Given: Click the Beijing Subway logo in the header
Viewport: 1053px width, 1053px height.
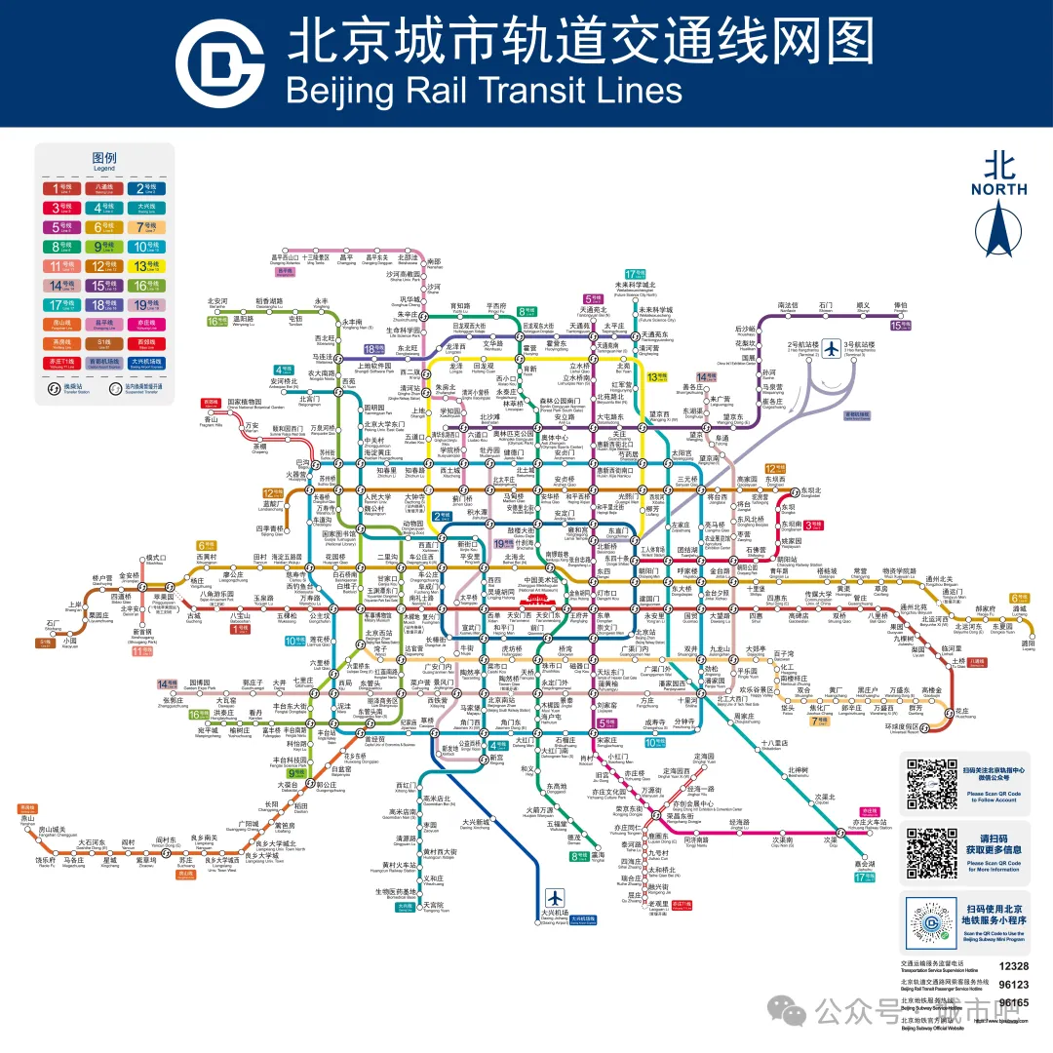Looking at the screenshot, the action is (219, 64).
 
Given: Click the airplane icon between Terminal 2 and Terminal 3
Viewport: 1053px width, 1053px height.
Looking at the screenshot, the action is (831, 348).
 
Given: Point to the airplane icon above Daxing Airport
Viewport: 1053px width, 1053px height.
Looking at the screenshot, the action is (556, 897).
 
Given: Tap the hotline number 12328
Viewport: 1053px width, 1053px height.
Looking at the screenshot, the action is (1014, 964).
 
